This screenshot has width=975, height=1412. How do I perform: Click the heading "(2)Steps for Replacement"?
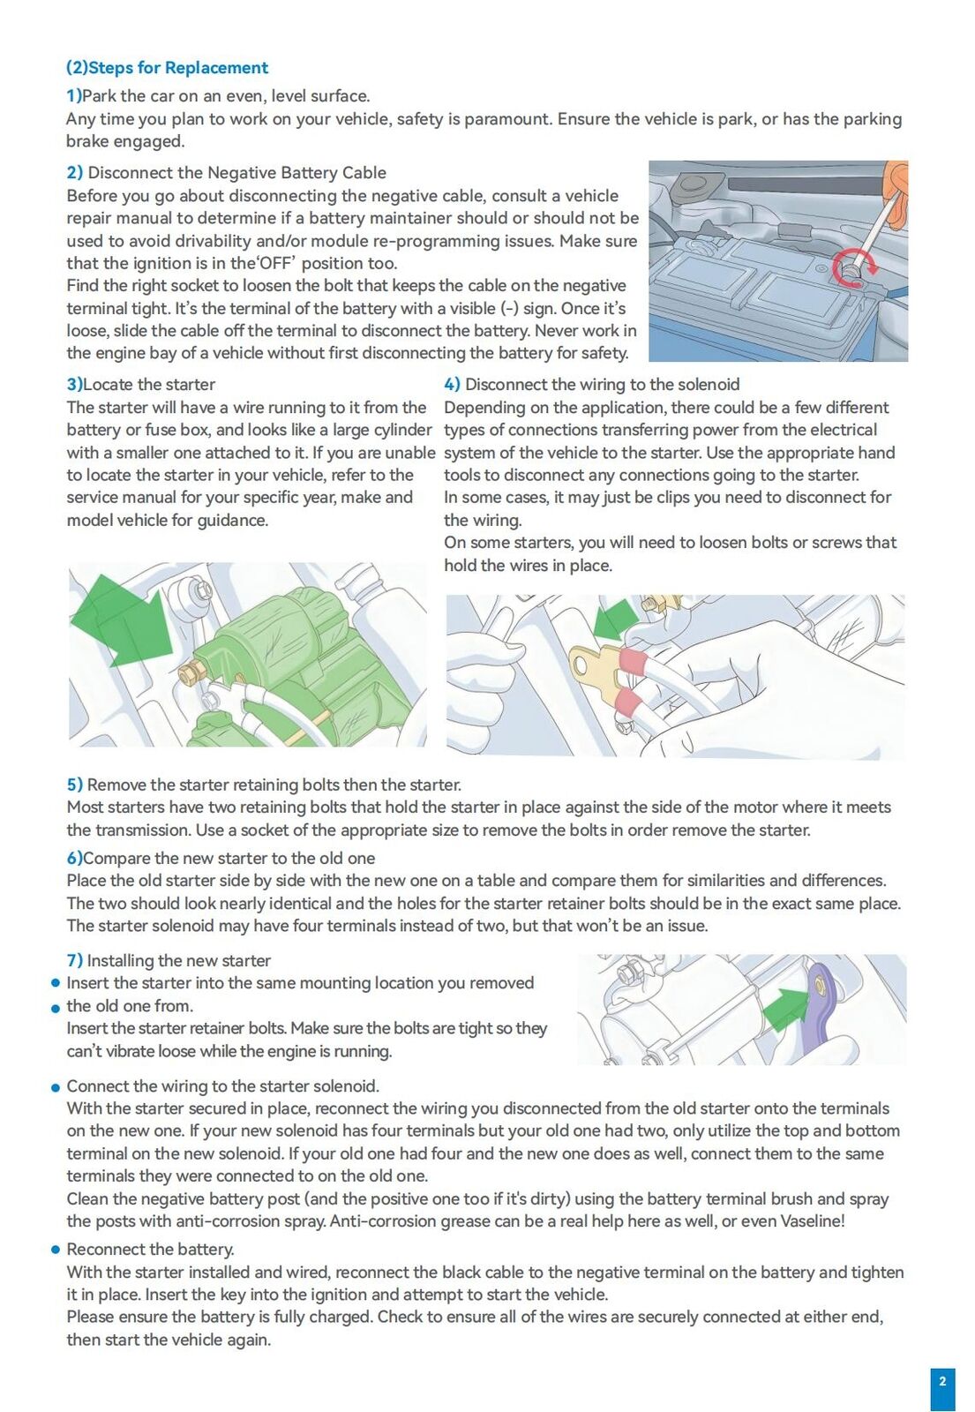coord(167,68)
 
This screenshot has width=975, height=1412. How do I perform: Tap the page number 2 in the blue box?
coord(942,1381)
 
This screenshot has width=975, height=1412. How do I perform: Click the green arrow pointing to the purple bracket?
coord(785,1010)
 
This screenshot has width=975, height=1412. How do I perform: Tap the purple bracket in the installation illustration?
coord(821,1003)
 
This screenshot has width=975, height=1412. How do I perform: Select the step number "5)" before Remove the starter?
coord(75,785)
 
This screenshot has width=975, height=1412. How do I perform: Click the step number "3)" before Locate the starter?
coord(75,385)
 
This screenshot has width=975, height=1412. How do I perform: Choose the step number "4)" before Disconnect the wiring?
coord(452,385)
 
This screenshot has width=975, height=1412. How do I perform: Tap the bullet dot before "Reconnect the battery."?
coord(56,1250)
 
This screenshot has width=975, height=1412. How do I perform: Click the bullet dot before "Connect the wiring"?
coord(56,1086)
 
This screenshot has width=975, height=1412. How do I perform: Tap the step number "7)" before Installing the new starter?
coord(75,961)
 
